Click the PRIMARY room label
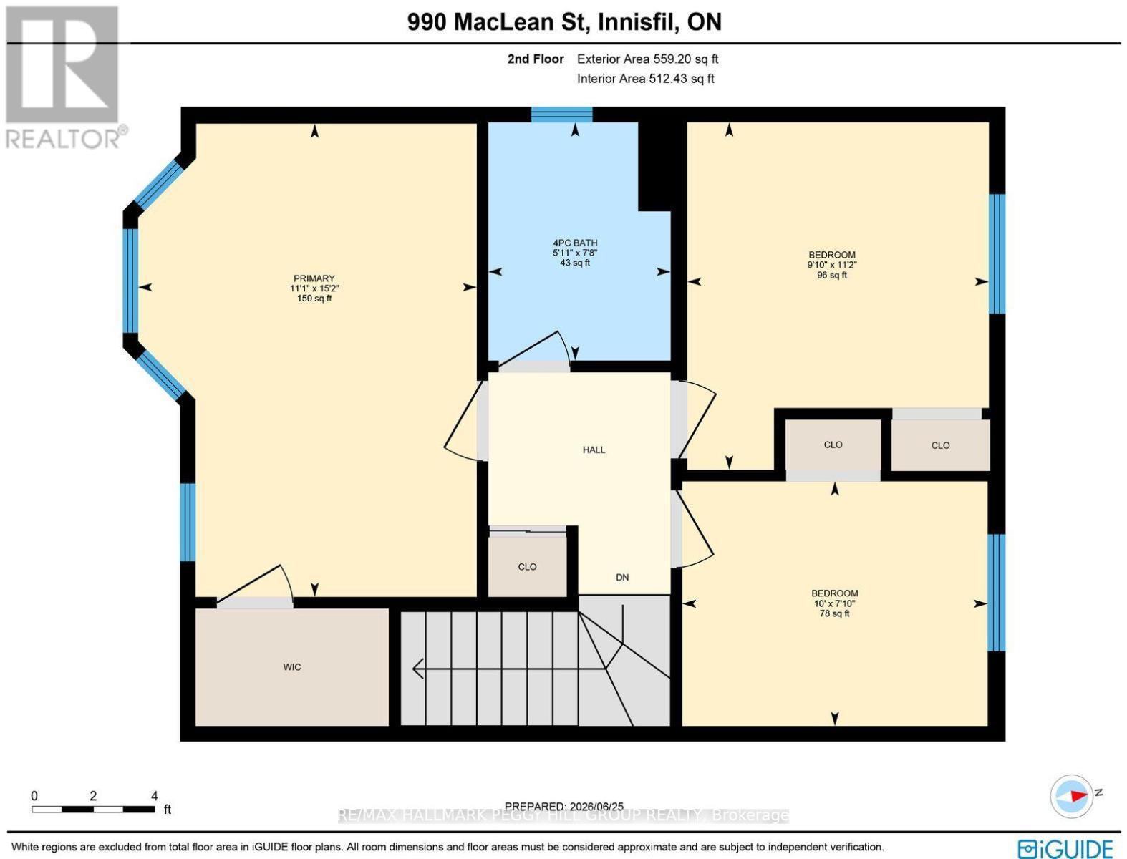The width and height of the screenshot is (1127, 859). pos(314,278)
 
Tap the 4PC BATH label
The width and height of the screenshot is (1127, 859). pos(575,243)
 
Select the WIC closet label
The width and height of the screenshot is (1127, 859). pos(292,667)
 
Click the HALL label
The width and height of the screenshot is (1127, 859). pos(594,450)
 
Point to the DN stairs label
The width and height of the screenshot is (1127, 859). pos(622,577)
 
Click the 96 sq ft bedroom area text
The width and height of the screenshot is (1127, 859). pos(832,275)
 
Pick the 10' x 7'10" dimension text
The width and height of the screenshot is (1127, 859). pos(835,603)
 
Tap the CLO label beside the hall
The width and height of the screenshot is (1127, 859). pos(527,567)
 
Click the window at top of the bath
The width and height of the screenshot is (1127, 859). pos(561,115)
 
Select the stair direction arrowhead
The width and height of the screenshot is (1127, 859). pos(418,668)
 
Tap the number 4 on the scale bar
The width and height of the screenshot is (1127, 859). pos(154,796)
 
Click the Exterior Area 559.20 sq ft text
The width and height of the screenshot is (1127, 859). pos(647,59)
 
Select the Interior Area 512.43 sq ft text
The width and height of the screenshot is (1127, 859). pos(646,79)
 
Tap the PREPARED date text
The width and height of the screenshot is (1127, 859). pos(564,807)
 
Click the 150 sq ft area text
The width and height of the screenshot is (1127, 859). pos(314,298)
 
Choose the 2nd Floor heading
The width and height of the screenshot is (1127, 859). pos(536,59)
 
